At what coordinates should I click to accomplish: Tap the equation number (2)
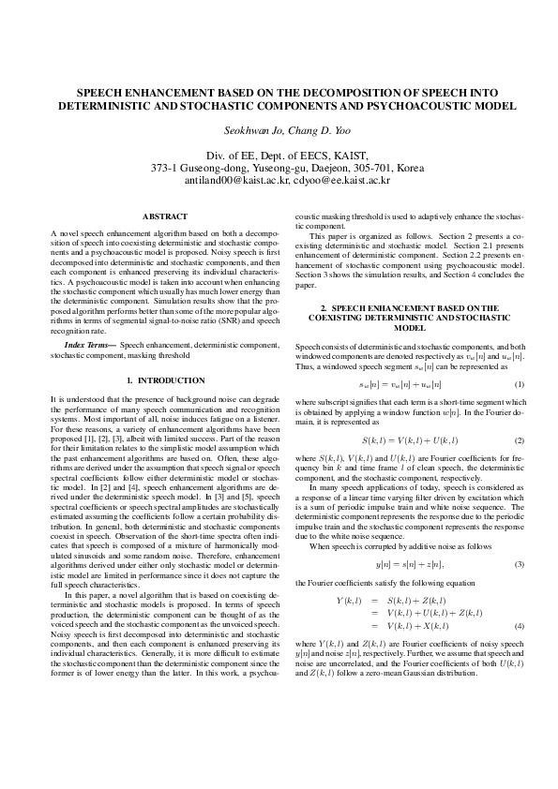tap(519, 439)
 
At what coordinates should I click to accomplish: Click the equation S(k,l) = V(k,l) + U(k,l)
tap(410, 439)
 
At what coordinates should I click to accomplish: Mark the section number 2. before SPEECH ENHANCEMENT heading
tap(324, 307)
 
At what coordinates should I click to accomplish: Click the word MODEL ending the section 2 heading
tap(410, 328)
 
